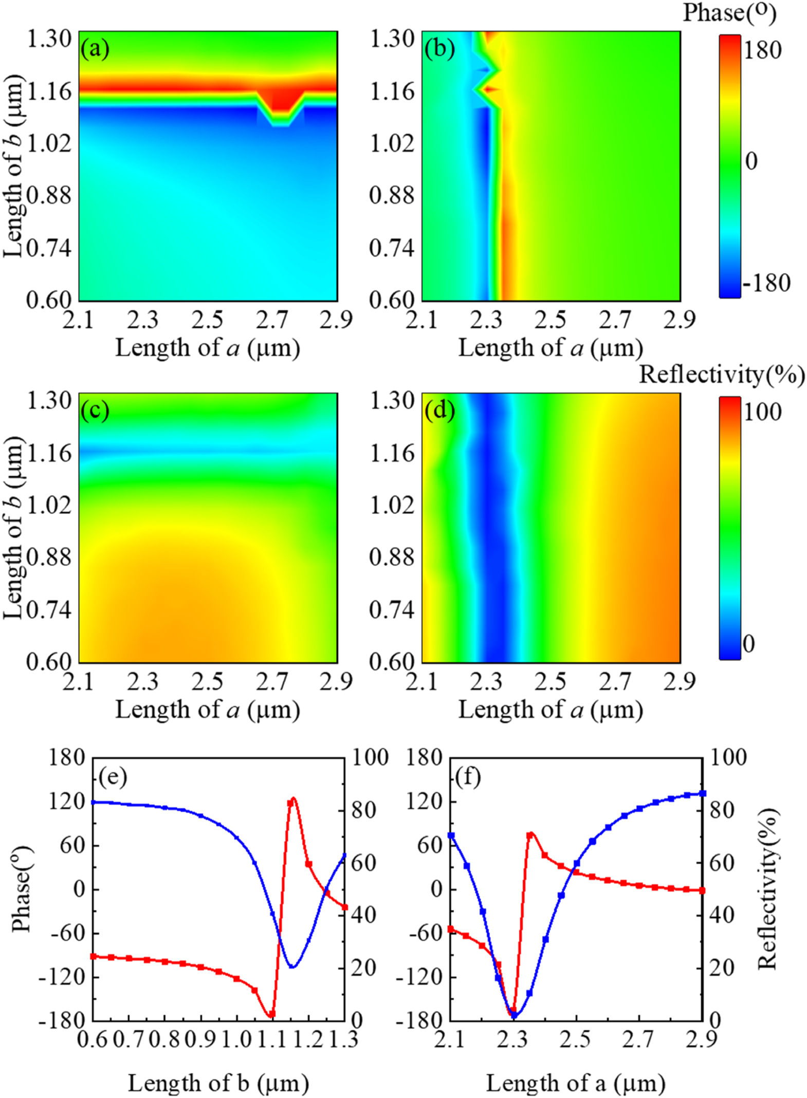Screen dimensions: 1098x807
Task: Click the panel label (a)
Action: tap(95, 49)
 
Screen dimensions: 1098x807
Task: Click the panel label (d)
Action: tap(439, 411)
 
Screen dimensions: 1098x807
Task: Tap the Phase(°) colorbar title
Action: tap(729, 13)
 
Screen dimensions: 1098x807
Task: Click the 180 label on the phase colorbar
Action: tap(762, 50)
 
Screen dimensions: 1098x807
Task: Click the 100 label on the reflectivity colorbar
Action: tap(762, 412)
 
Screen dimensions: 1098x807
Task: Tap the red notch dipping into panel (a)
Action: tap(280, 105)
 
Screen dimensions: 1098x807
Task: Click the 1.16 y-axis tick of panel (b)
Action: tap(392, 92)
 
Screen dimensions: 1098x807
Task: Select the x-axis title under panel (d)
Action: tap(551, 710)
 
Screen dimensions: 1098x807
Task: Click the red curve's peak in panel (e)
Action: tap(293, 799)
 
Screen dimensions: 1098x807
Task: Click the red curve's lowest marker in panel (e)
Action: tap(272, 1014)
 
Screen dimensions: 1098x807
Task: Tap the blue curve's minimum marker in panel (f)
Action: tap(513, 1015)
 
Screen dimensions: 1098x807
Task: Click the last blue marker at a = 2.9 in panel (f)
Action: tap(703, 794)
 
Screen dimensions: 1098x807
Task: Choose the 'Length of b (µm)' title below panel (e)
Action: tap(218, 1083)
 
